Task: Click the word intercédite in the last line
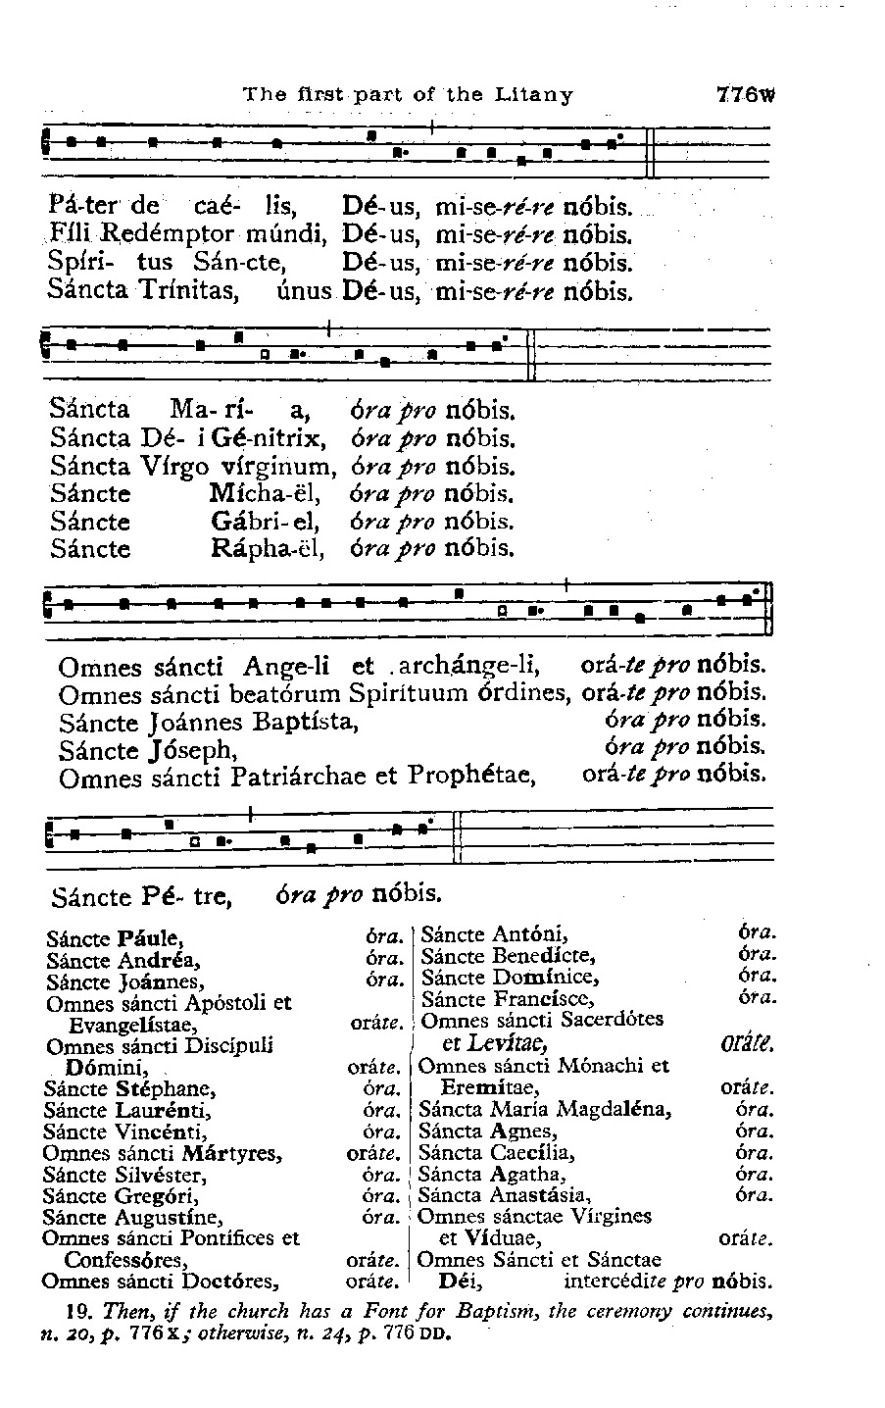click(x=623, y=1282)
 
